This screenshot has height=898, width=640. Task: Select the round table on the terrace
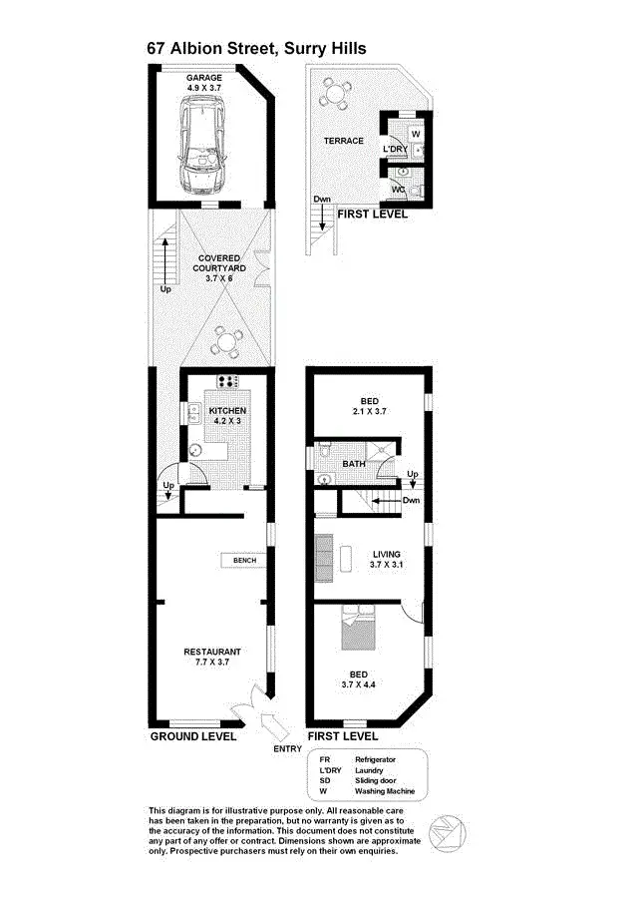tap(334, 96)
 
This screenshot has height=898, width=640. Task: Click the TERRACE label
tap(343, 141)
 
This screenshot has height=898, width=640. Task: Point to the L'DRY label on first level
tap(395, 150)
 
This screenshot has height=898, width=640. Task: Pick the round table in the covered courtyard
tap(229, 342)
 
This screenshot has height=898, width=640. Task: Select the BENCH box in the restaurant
tap(244, 561)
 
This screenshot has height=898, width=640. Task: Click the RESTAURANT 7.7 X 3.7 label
tap(212, 658)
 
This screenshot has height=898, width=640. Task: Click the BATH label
tap(354, 464)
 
